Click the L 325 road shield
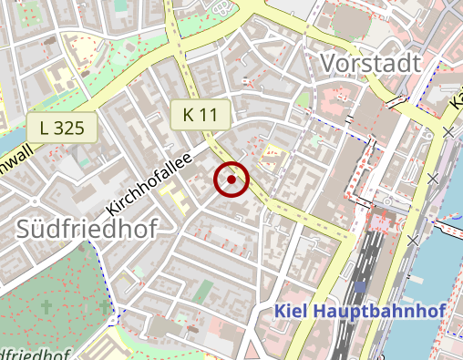click(x=62, y=128)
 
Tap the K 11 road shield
click(x=200, y=115)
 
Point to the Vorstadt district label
click(x=370, y=64)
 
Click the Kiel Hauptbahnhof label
click(x=360, y=312)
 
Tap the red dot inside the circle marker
click(x=231, y=180)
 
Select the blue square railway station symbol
click(x=362, y=287)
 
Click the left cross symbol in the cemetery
click(x=46, y=309)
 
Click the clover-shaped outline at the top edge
click(x=221, y=7)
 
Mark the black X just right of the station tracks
click(x=415, y=240)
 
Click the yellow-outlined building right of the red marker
click(x=272, y=160)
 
